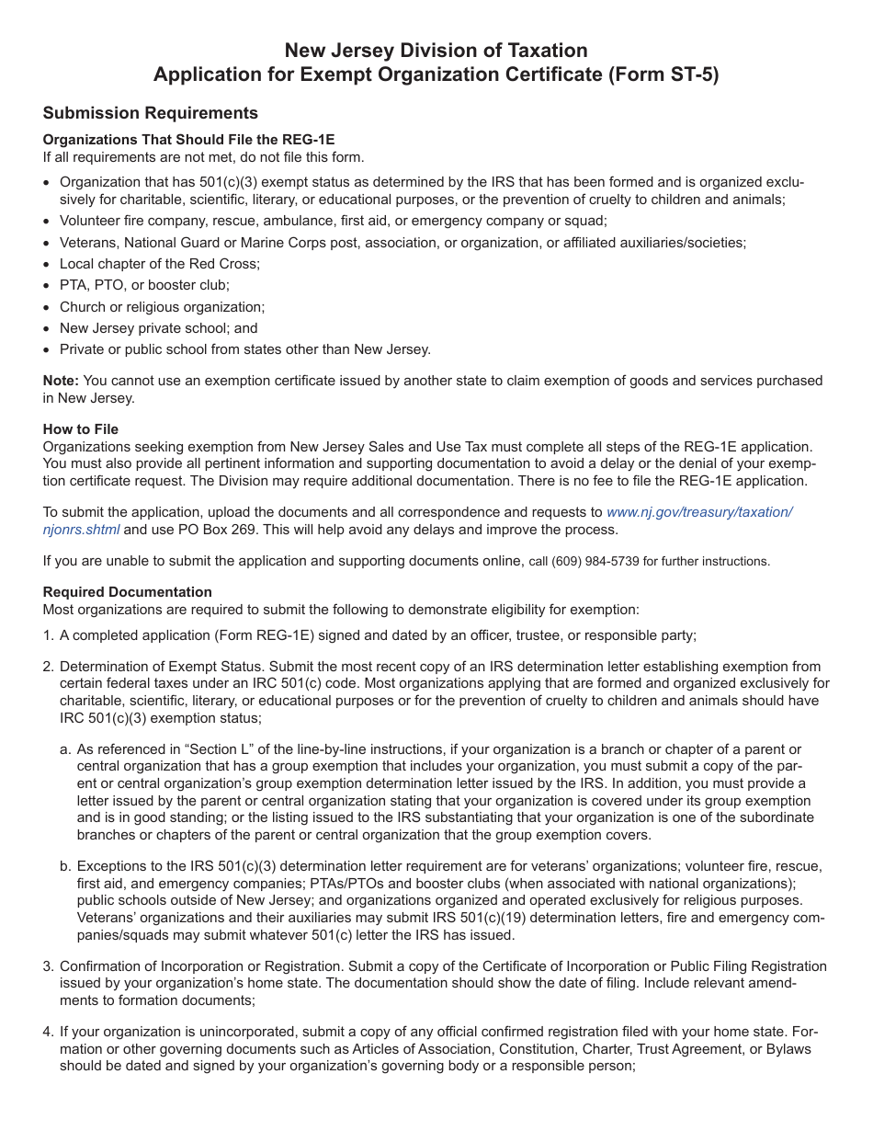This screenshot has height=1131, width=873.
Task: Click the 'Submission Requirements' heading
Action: pos(151,113)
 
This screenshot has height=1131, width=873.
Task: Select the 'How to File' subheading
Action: pos(81,428)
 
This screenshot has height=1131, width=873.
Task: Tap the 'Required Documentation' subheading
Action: pos(128,592)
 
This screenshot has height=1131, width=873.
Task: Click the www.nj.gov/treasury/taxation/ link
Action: pos(698,512)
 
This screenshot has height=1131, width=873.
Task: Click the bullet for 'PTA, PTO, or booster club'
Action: pos(48,286)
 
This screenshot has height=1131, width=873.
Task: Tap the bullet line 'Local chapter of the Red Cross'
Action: pos(160,264)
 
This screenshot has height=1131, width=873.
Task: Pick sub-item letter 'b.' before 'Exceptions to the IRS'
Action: pos(65,866)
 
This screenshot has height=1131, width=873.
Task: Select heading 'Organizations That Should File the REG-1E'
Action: pos(188,140)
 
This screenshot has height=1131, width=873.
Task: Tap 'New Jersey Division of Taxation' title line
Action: pos(436,51)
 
